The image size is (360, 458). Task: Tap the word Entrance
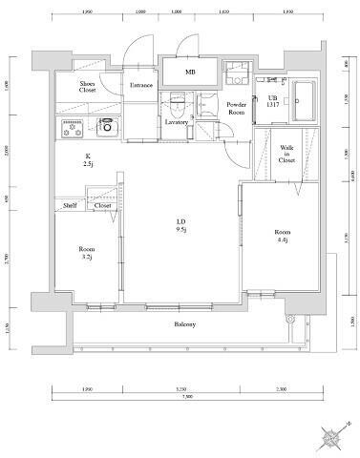[141, 85]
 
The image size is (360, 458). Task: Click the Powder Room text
[236, 108]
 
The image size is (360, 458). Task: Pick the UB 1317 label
[272, 101]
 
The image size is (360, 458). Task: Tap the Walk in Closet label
[286, 154]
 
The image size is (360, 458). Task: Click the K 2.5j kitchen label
[87, 160]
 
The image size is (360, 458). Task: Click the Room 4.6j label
[283, 237]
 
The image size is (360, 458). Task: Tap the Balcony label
[185, 325]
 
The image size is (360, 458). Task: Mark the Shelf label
[70, 205]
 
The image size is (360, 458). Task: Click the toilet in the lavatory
[177, 100]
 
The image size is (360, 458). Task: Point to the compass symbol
[331, 437]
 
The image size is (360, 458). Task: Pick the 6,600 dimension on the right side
[352, 176]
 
